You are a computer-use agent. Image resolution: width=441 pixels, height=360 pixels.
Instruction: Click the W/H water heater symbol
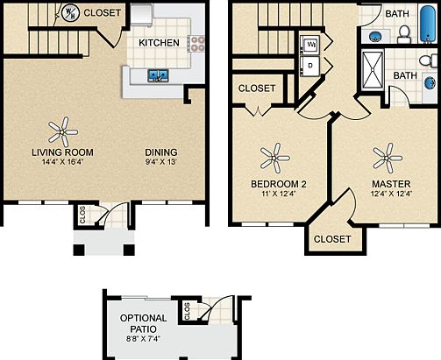69,13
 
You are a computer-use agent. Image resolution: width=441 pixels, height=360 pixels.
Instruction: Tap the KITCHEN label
160,42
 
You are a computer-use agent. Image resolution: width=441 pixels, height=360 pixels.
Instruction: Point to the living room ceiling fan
62,131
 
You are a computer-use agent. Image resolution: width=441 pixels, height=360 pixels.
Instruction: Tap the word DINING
160,152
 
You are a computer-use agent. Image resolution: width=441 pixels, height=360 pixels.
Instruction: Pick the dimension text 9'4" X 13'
160,162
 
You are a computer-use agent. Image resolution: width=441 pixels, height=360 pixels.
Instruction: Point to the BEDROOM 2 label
279,183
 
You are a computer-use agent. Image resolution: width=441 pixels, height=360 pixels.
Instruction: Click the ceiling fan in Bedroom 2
275,159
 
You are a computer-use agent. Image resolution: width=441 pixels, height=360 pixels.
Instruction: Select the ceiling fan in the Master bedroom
387,159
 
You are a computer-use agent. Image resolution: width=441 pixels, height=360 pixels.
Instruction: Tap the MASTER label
386,183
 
